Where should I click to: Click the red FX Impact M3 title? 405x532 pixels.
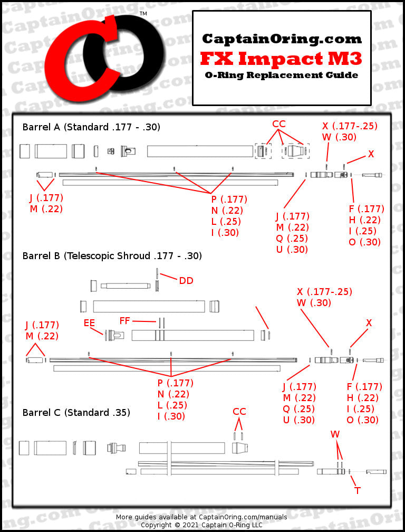click(x=282, y=57)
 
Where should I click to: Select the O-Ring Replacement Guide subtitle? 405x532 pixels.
click(x=282, y=75)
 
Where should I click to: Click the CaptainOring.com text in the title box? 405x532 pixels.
click(x=282, y=39)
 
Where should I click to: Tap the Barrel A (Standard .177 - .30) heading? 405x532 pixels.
click(x=91, y=127)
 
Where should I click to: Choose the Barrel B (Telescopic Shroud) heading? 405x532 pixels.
click(x=112, y=256)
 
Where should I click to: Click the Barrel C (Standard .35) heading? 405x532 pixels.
click(x=76, y=412)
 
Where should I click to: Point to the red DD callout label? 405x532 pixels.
click(x=186, y=281)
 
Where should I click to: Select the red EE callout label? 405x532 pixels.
click(x=90, y=322)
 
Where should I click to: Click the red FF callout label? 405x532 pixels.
click(x=125, y=320)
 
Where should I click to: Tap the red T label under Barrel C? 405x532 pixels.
click(x=358, y=491)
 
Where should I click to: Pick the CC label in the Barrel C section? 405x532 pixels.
click(x=239, y=412)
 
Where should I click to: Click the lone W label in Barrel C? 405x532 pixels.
click(x=335, y=434)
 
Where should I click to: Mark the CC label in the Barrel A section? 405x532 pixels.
click(x=279, y=124)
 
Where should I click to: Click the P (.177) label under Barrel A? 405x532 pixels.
click(x=229, y=199)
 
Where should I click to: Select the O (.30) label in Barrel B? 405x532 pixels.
click(x=362, y=420)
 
